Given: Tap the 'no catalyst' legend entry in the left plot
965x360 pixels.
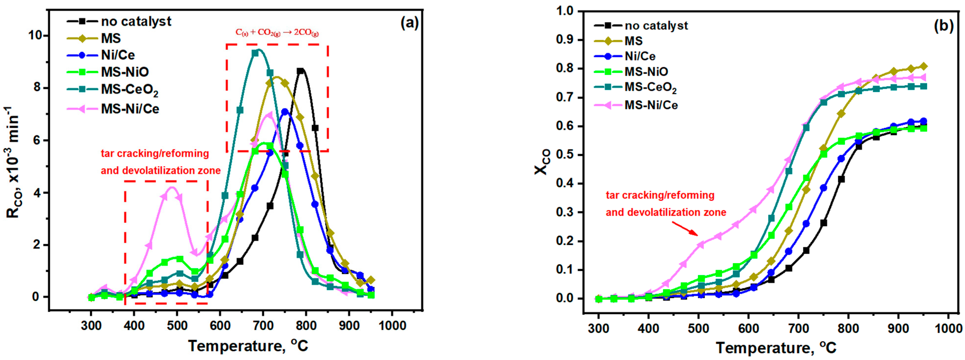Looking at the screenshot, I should pyautogui.click(x=136, y=21).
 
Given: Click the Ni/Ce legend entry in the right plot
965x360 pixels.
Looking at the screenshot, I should pyautogui.click(x=640, y=56).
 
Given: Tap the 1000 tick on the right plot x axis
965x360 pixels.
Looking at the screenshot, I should pyautogui.click(x=948, y=329).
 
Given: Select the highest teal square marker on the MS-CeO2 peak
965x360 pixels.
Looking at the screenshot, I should pyautogui.click(x=255, y=53).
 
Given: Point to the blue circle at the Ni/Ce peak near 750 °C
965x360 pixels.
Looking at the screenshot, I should pyautogui.click(x=285, y=112).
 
